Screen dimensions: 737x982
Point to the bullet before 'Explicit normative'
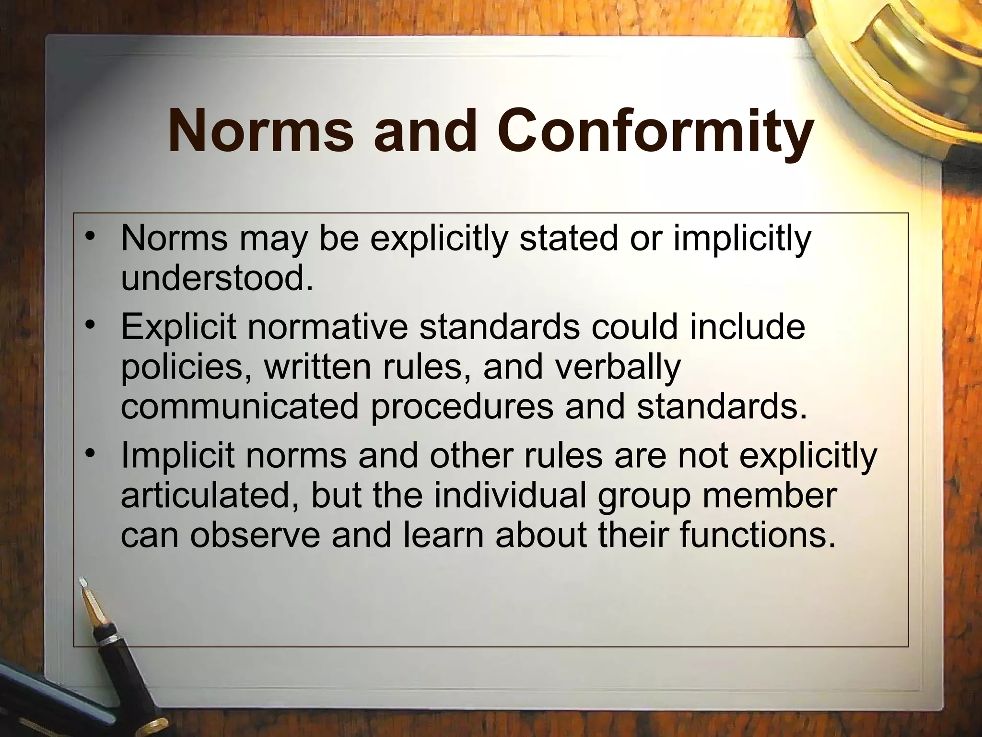(x=89, y=326)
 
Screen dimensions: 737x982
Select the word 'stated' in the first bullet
(x=568, y=238)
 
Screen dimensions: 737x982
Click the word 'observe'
(x=254, y=535)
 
